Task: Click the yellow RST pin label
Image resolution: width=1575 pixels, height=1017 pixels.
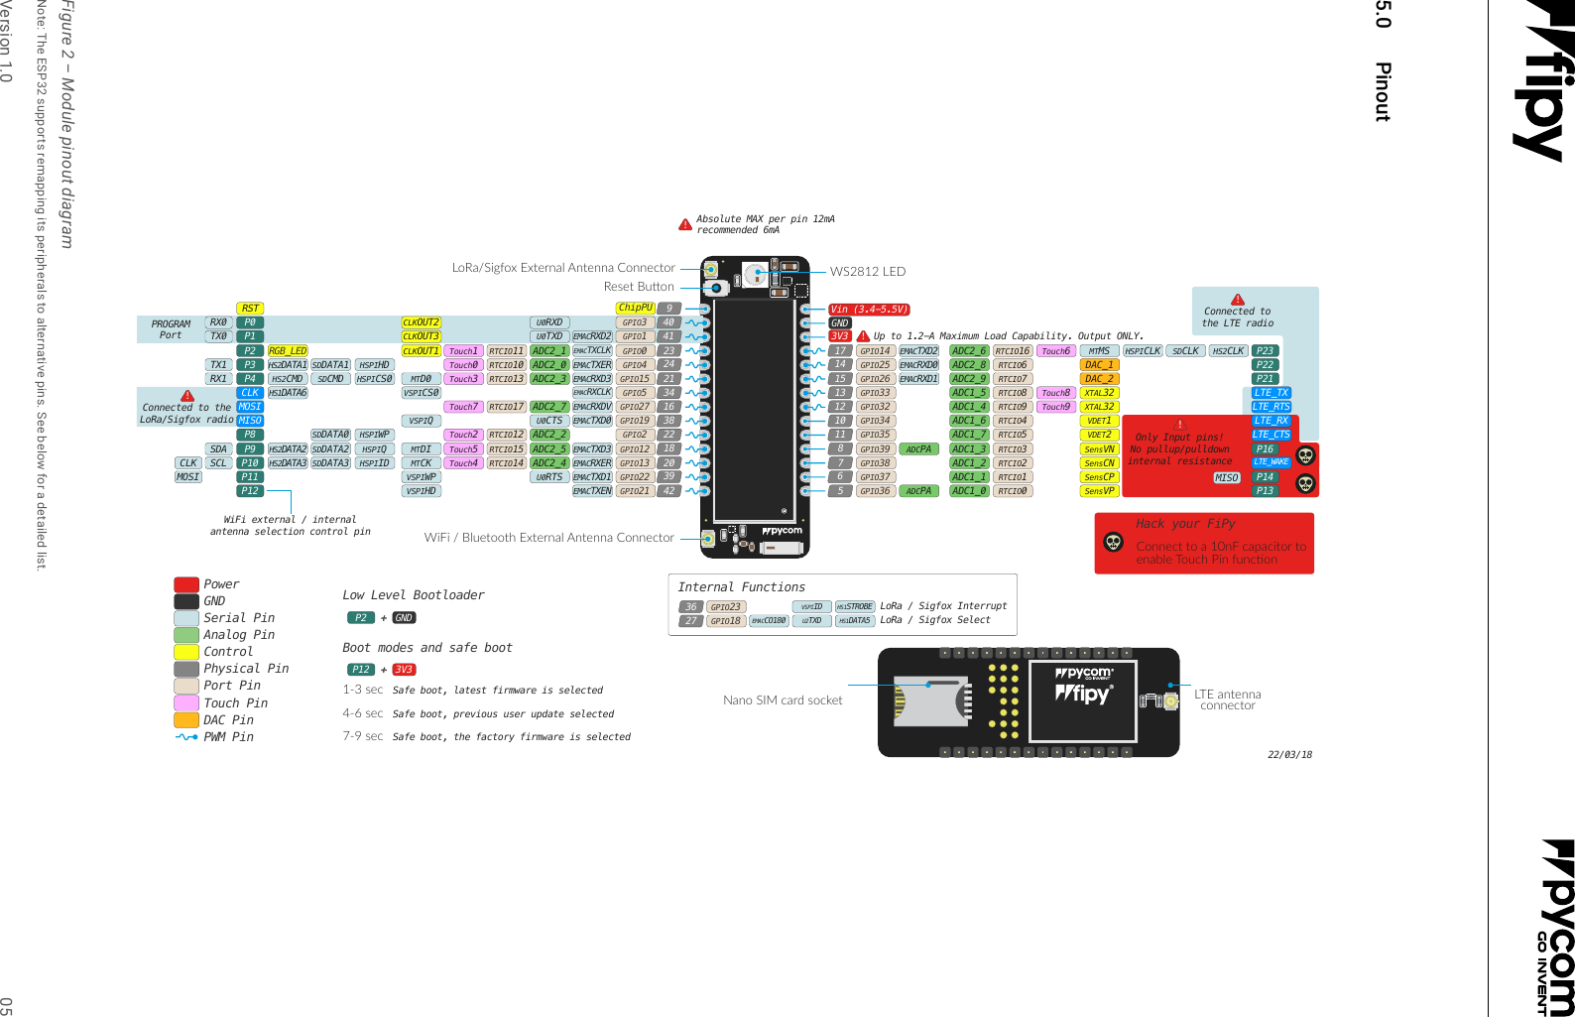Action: (x=250, y=309)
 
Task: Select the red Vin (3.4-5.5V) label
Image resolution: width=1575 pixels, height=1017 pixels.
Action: (x=869, y=310)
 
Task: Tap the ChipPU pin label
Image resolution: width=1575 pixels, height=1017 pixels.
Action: (x=635, y=308)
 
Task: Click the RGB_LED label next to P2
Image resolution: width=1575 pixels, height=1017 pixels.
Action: (x=288, y=351)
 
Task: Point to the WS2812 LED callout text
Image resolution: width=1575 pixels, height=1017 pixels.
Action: (x=867, y=272)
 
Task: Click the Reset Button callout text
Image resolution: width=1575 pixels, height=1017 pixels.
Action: (x=638, y=287)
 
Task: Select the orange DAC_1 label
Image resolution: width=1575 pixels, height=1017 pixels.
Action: (x=1099, y=365)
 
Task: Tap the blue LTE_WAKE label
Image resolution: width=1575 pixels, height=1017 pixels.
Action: (x=1271, y=462)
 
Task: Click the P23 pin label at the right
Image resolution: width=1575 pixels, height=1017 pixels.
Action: (x=1265, y=351)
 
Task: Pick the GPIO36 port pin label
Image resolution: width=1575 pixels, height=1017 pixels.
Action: (x=875, y=491)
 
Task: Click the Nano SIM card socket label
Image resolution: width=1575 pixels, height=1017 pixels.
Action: (x=783, y=700)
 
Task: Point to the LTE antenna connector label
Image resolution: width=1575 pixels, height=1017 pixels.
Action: (x=1227, y=699)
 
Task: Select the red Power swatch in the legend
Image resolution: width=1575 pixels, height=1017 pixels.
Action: (x=186, y=584)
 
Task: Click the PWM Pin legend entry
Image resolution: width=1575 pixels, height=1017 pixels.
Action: (x=228, y=737)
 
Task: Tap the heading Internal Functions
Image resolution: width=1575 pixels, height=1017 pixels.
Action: (x=741, y=587)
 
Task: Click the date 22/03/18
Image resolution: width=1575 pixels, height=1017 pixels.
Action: (x=1289, y=755)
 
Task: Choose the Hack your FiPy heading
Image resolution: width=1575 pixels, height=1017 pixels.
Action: (x=1185, y=524)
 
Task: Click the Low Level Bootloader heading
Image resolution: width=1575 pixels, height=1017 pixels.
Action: (x=413, y=595)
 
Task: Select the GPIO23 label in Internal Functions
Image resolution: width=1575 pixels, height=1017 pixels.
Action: (x=725, y=607)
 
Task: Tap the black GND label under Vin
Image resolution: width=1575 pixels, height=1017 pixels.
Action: (x=839, y=322)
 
